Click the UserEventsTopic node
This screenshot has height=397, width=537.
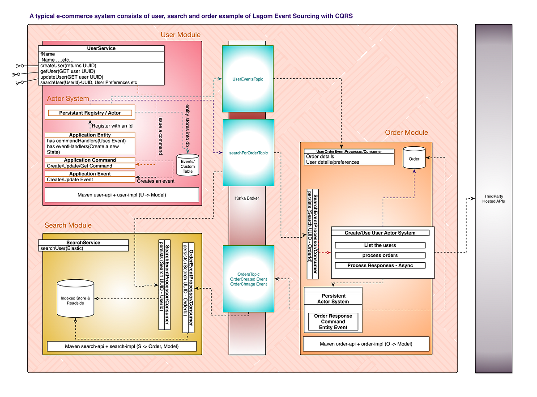point(247,79)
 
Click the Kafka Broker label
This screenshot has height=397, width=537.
point(247,198)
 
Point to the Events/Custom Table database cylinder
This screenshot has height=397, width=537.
point(188,166)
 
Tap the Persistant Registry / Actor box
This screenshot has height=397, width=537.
point(90,113)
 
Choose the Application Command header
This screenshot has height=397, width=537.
point(90,160)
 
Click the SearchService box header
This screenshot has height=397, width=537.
point(83,243)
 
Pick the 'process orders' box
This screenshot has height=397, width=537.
point(380,255)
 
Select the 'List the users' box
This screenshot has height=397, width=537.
point(380,245)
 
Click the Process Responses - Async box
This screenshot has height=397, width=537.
point(380,265)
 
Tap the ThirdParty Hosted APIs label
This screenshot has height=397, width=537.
point(494,199)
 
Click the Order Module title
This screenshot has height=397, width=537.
point(406,132)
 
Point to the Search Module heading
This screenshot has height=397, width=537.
point(68,225)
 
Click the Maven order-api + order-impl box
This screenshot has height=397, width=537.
point(366,344)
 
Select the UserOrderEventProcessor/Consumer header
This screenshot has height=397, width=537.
point(349,152)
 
